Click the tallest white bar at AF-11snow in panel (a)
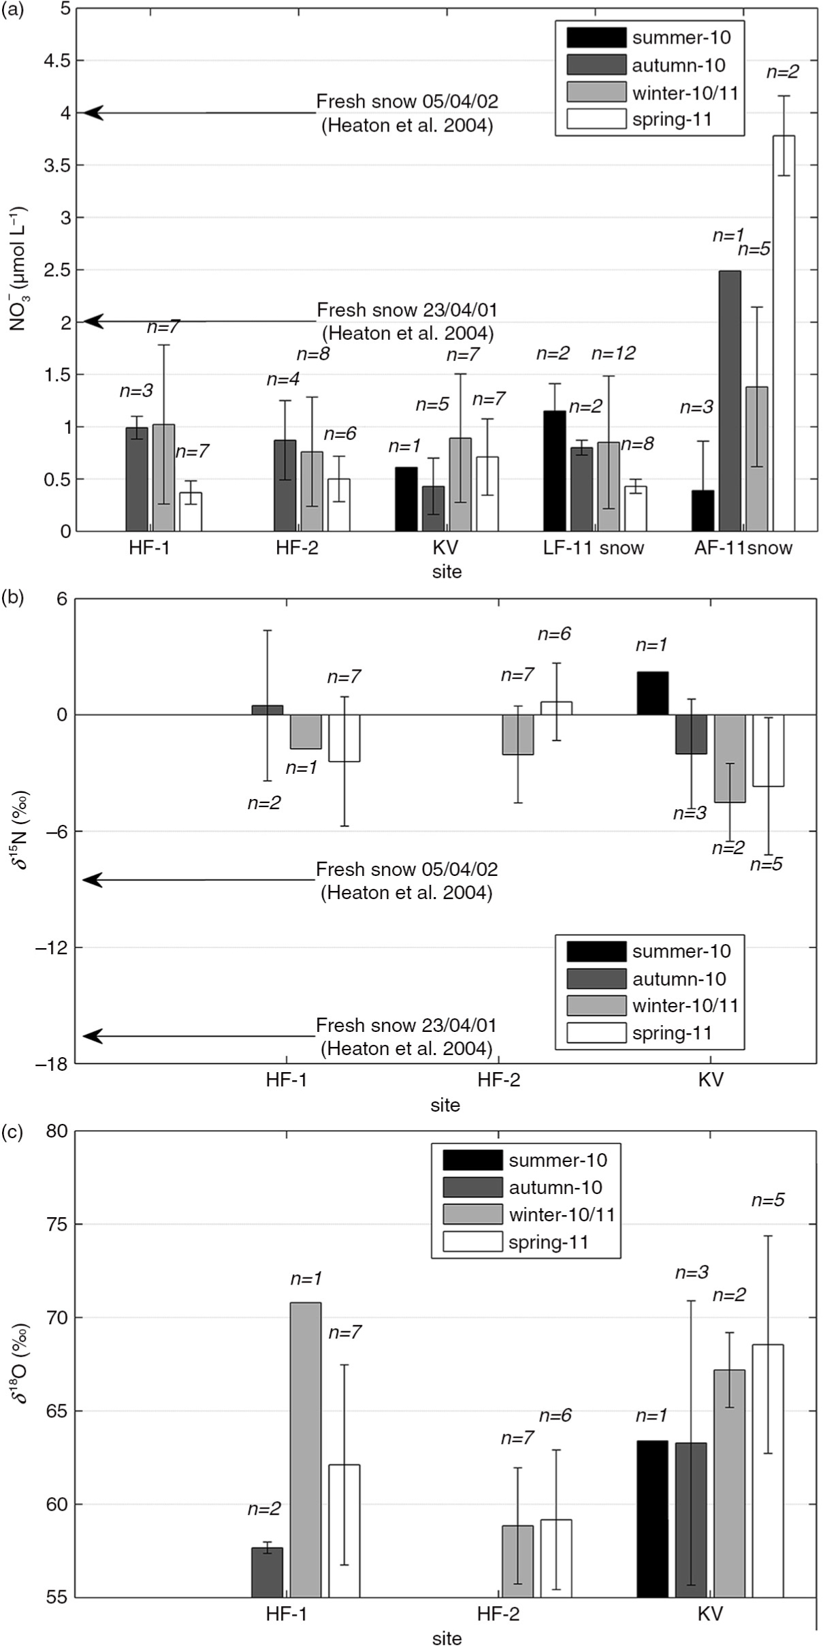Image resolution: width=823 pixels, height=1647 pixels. [784, 333]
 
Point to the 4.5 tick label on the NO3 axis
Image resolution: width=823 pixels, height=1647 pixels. [57, 61]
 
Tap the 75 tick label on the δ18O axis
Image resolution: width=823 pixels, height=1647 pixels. [57, 1224]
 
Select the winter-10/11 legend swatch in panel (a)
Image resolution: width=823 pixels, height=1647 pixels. [596, 92]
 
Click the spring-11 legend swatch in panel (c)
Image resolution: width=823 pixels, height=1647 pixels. [472, 1242]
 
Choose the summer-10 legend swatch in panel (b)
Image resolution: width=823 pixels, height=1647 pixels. [596, 951]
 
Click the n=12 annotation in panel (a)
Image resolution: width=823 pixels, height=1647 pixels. [613, 354]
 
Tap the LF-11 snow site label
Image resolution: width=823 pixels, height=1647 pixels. [594, 548]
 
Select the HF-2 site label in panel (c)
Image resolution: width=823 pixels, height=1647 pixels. [498, 1614]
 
